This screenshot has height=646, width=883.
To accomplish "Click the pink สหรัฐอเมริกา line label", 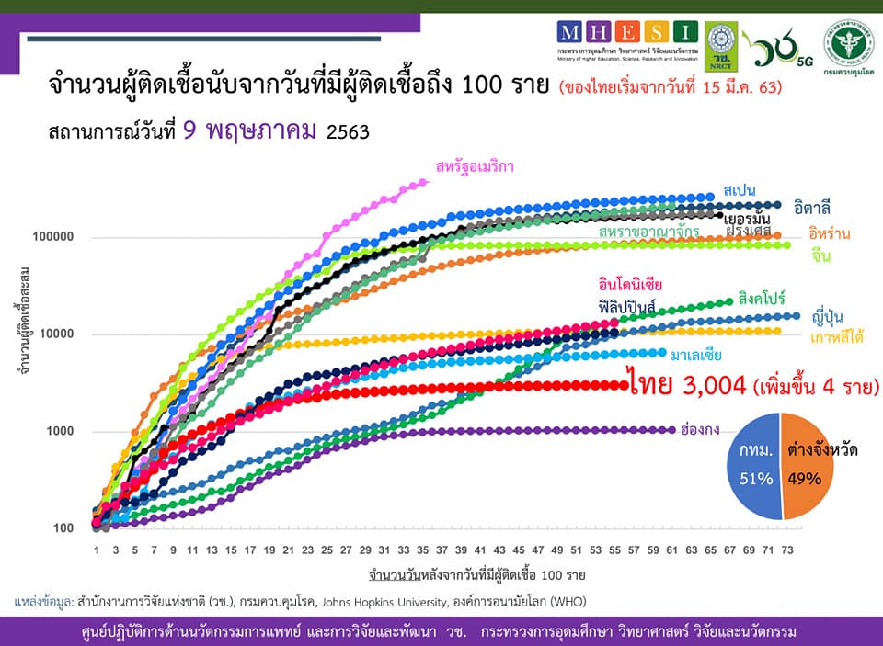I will [x=474, y=166].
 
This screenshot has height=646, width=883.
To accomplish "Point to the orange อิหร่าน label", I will [x=829, y=233].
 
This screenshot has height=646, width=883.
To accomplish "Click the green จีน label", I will [x=820, y=256].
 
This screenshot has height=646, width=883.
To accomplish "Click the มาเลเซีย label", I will [x=695, y=354].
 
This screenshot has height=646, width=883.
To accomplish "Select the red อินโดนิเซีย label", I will [x=630, y=284].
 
